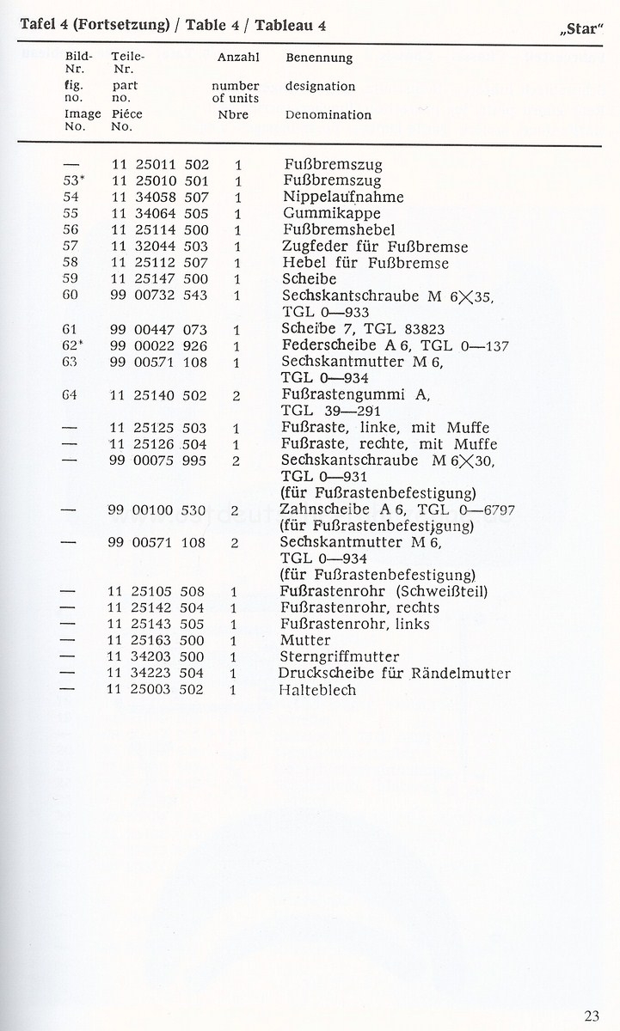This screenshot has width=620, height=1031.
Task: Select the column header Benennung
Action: click(x=318, y=58)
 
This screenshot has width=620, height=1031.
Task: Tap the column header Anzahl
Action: click(x=234, y=58)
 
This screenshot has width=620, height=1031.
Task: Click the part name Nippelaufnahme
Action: click(x=344, y=197)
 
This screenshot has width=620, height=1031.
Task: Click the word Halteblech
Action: click(x=317, y=690)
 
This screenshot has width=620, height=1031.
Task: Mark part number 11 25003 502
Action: click(x=157, y=690)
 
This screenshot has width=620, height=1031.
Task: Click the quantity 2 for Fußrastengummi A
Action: click(x=236, y=395)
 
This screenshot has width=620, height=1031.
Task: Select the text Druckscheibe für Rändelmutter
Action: click(x=396, y=673)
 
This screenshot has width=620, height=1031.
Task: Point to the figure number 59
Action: click(x=72, y=279)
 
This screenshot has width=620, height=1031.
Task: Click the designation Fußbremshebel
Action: click(x=339, y=230)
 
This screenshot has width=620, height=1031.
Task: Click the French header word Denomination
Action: click(x=328, y=114)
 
